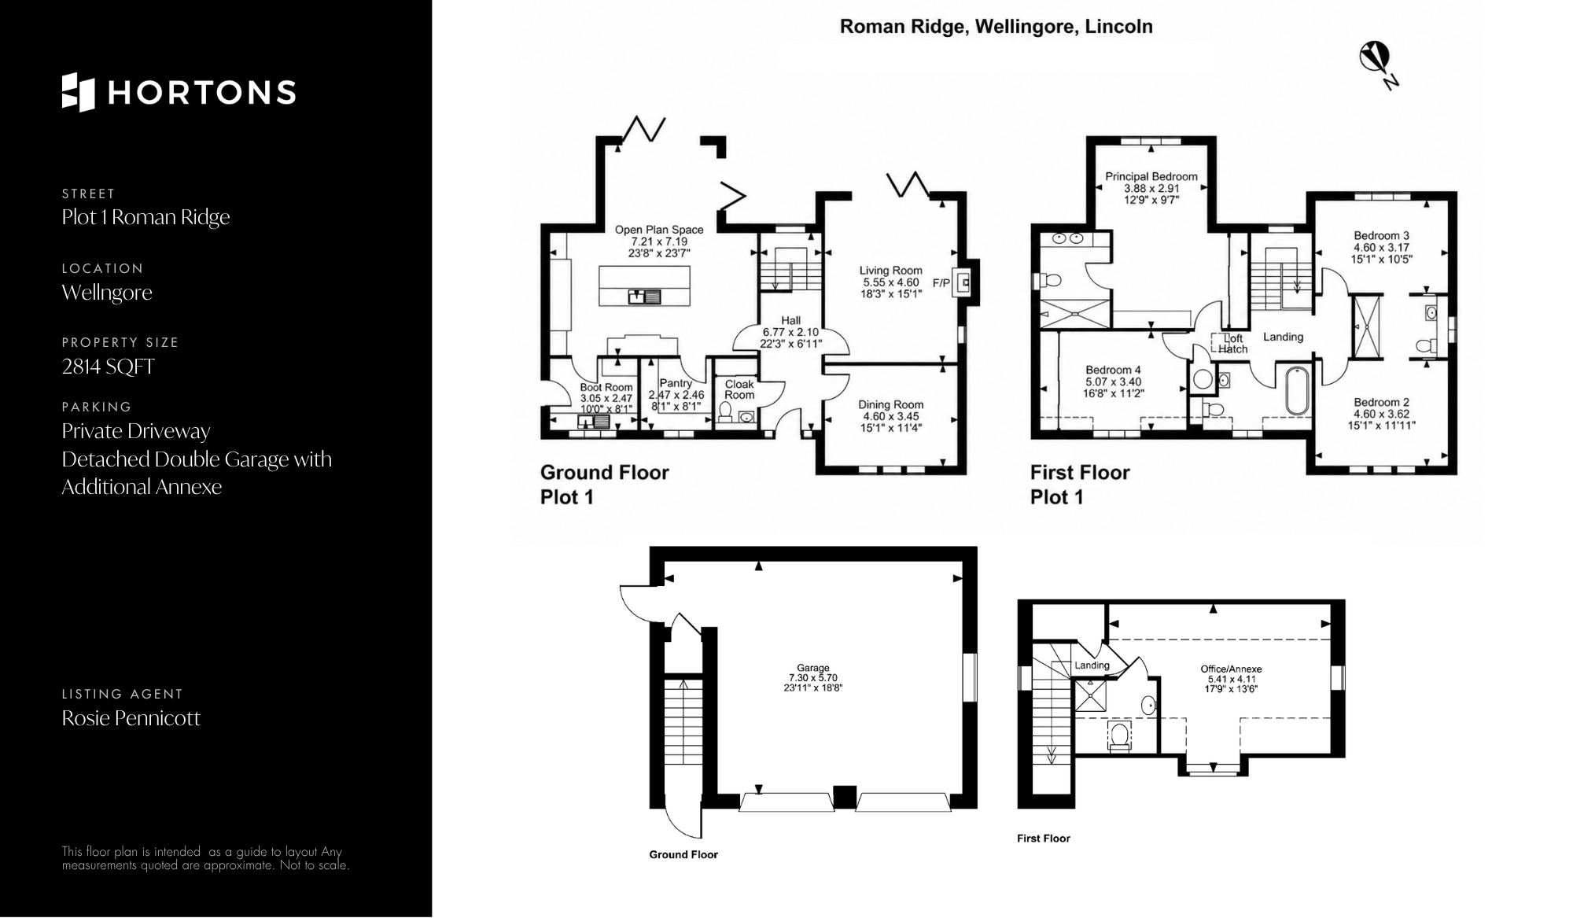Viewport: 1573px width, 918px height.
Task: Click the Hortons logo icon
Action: (78, 92)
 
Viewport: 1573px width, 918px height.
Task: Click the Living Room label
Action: (890, 271)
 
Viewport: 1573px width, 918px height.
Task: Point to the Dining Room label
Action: (890, 404)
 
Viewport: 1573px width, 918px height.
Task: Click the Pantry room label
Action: (676, 383)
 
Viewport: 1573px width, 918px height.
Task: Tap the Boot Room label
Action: (606, 387)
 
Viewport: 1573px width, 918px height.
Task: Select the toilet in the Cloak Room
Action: (725, 413)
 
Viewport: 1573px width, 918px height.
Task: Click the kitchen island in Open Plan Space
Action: (645, 286)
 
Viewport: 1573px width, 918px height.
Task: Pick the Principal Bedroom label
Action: (1151, 176)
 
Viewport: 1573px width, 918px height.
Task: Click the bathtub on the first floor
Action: (1298, 390)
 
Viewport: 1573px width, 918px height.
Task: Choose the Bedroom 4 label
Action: (1113, 370)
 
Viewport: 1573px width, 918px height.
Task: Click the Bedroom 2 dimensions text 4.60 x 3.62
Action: (1381, 414)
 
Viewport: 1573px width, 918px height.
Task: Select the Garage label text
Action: (812, 668)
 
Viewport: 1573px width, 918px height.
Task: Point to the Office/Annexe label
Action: (1231, 669)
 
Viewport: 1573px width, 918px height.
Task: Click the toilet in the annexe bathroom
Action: (1119, 737)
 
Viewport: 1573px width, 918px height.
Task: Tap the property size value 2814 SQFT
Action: (109, 367)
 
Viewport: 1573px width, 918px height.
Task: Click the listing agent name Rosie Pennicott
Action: (131, 718)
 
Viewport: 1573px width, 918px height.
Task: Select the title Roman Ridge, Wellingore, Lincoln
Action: (996, 27)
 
